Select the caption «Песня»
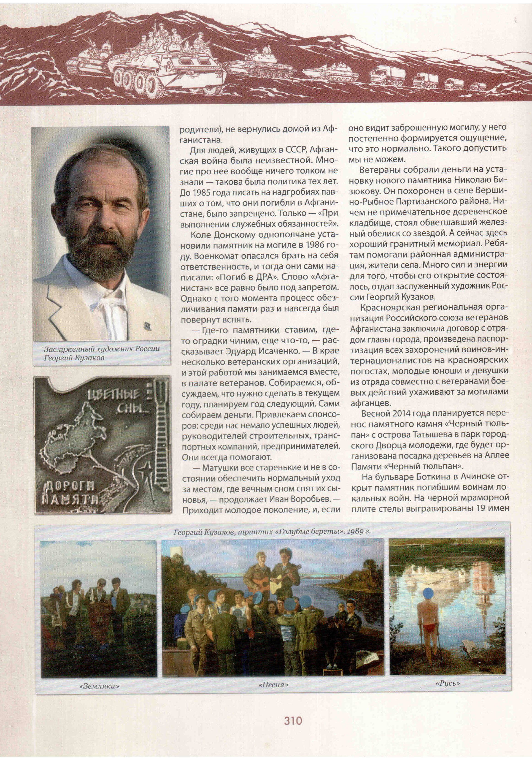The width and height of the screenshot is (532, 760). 273,684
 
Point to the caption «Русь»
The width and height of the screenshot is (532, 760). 448,683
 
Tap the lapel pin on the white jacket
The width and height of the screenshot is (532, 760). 147,327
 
